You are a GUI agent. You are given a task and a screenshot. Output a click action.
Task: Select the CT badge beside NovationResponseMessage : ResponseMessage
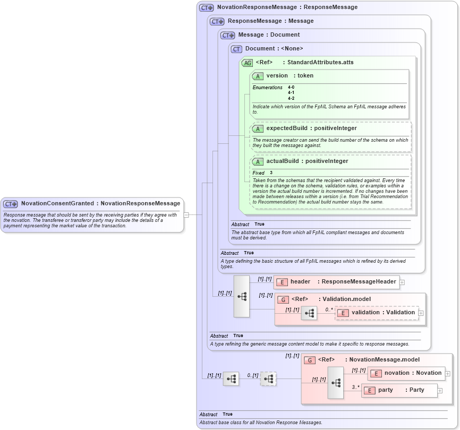[206, 7]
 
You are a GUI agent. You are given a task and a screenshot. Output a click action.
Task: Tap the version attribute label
[277, 76]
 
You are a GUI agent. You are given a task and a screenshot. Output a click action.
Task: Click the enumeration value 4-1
[291, 92]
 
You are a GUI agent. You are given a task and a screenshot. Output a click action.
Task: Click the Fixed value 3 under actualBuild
[271, 173]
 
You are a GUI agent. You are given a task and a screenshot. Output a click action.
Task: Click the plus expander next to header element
[402, 282]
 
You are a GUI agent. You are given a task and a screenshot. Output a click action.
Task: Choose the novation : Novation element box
[406, 373]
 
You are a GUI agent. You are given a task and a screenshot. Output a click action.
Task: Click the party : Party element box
[399, 390]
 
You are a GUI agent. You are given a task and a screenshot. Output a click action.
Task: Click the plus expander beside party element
[440, 391]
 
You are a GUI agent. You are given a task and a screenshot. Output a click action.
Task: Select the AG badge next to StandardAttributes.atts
[248, 63]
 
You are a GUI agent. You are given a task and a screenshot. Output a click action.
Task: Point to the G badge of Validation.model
[283, 299]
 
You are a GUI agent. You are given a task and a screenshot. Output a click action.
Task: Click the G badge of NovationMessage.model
[310, 360]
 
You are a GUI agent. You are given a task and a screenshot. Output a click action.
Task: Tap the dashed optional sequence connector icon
[268, 379]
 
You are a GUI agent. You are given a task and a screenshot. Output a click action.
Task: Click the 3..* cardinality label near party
[355, 387]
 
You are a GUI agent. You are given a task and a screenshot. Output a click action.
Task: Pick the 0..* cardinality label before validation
[329, 309]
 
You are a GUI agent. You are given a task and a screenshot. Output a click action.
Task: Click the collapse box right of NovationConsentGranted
[186, 215]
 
